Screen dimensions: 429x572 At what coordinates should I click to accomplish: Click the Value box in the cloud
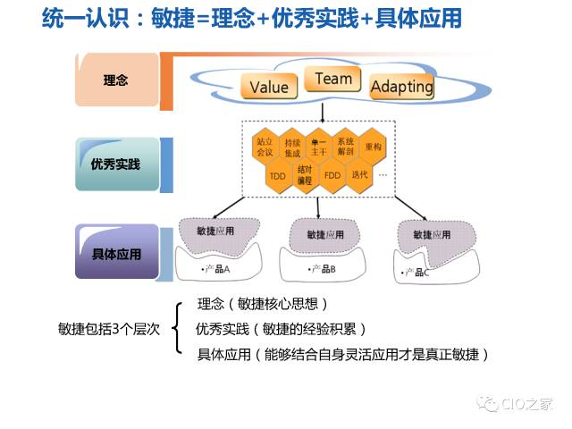[269, 87]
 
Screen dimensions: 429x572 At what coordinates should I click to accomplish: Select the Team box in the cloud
[332, 79]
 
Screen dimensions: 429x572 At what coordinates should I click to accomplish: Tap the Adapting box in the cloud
[401, 87]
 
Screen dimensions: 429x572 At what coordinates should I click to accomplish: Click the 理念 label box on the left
[116, 80]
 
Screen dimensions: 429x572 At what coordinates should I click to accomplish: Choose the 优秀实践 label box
[116, 164]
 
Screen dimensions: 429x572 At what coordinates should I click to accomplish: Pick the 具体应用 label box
[116, 253]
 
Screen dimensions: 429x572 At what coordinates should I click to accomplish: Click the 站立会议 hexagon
[265, 147]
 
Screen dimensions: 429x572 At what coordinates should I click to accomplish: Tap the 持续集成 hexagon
[292, 147]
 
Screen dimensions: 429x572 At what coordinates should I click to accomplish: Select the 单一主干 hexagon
[318, 147]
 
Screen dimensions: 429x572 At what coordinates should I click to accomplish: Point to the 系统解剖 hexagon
[345, 147]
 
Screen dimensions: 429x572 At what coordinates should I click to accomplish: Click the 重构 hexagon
[373, 147]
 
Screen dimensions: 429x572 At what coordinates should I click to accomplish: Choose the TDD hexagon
[278, 175]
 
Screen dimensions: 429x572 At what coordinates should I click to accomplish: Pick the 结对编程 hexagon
[305, 175]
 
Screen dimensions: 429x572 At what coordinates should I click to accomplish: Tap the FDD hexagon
[332, 175]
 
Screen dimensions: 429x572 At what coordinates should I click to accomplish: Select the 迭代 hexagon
[359, 175]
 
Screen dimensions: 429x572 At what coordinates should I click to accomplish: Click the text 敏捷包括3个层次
[110, 329]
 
